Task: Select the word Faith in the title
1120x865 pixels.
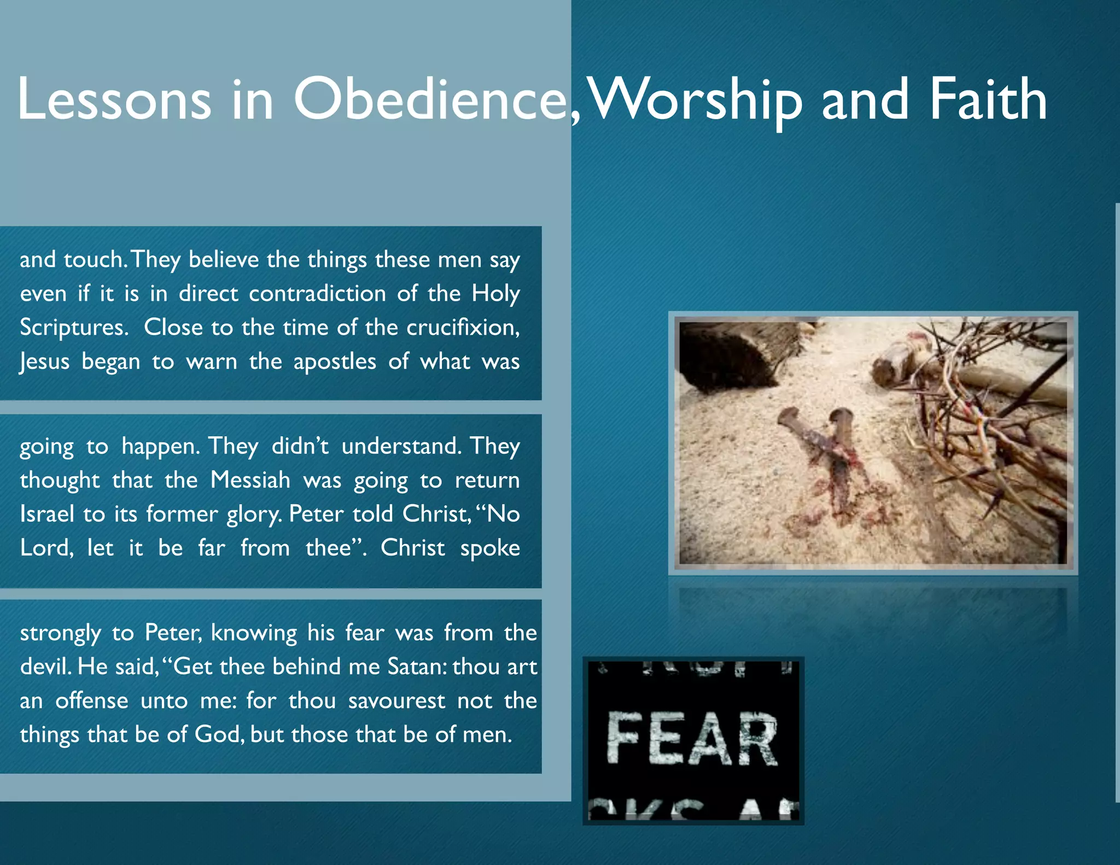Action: pyautogui.click(x=988, y=100)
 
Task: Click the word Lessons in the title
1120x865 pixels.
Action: pyautogui.click(x=114, y=100)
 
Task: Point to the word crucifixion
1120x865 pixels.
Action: pyautogui.click(x=463, y=328)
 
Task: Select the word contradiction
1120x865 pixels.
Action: pyautogui.click(x=317, y=294)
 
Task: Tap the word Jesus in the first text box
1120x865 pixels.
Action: pyautogui.click(x=45, y=361)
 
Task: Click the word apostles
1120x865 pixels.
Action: pyautogui.click(x=335, y=361)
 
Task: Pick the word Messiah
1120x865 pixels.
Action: pyautogui.click(x=250, y=480)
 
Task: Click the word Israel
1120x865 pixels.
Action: pyautogui.click(x=47, y=514)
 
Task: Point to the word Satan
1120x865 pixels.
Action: pyautogui.click(x=416, y=667)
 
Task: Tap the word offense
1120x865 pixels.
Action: pyautogui.click(x=92, y=700)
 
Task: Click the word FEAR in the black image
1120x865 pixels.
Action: pyautogui.click(x=692, y=738)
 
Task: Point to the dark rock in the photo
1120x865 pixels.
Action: pyautogui.click(x=722, y=355)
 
